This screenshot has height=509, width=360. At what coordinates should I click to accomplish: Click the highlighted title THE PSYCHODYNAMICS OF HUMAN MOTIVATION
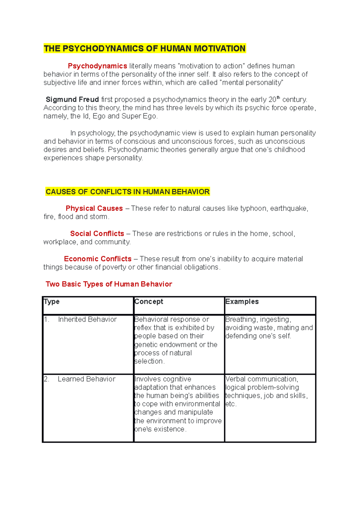click(145, 49)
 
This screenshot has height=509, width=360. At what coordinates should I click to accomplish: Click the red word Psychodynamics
click(97, 66)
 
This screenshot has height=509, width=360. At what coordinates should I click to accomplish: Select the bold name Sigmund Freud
click(72, 100)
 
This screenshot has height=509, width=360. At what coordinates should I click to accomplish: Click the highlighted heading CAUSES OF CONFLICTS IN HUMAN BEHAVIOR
click(127, 192)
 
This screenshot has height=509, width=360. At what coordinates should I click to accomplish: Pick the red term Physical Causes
click(94, 208)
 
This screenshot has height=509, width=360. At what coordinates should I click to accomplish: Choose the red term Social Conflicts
click(97, 234)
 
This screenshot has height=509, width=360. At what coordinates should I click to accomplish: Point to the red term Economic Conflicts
click(98, 259)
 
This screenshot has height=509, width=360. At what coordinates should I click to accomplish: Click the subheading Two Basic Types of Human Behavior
click(109, 284)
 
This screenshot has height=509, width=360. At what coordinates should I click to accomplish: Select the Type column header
click(52, 302)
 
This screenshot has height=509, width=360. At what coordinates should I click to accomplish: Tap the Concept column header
click(149, 302)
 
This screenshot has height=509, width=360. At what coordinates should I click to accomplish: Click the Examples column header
click(242, 302)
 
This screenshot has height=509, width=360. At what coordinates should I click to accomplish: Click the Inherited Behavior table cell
click(87, 320)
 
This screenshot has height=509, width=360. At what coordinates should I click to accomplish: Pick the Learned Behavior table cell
click(86, 379)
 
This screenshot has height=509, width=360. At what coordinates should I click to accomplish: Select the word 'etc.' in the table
click(231, 404)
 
